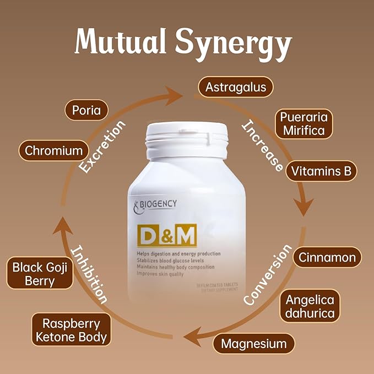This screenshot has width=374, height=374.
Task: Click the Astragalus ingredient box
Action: click(236, 87)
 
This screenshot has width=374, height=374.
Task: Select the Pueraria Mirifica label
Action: click(303, 124)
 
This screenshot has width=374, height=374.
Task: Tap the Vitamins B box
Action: click(321, 171)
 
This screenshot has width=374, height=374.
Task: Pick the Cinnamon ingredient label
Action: click(327, 257)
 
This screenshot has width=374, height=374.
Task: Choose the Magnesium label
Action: click(254, 344)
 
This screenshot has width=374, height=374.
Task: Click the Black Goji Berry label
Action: click(40, 274)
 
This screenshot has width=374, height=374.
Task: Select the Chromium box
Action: click(54, 150)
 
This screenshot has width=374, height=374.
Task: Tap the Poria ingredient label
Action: click(86, 110)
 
